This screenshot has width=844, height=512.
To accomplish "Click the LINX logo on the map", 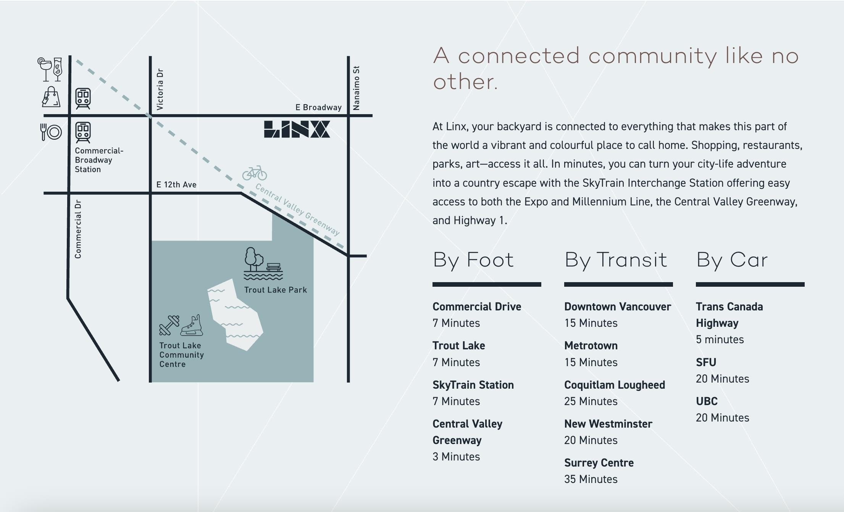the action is tap(297, 129).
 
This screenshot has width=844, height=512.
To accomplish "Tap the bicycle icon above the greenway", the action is tap(255, 173).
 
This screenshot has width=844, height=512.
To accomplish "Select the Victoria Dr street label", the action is tap(160, 89).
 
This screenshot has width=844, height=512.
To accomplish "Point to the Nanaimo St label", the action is tap(357, 88).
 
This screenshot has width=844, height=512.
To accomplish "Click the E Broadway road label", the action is tap(318, 107).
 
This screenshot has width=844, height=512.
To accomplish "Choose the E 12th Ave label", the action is tap(176, 185).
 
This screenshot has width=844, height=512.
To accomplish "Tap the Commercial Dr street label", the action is tap(78, 229).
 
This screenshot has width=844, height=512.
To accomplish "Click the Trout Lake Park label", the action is tap(276, 290).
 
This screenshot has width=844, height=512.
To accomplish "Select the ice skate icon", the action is tap(192, 325).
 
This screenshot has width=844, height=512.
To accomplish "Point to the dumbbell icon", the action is tap(169, 325).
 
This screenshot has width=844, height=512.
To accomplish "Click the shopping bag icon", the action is tap(51, 97).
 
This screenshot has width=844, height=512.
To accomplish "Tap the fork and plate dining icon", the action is tap(51, 132).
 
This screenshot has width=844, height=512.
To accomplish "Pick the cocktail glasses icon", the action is tap(50, 69).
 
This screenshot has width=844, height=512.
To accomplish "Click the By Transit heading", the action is tap(616, 260).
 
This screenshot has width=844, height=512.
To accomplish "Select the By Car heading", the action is tap(732, 260).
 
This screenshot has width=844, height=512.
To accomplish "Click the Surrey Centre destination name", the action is tap(599, 463).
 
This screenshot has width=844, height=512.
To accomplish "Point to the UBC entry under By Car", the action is tap(707, 401).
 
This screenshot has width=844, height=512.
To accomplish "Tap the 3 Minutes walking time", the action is tap(456, 457).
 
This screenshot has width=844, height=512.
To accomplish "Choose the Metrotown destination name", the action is tap(591, 346).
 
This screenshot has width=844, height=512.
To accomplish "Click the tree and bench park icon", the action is tap(263, 264).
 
